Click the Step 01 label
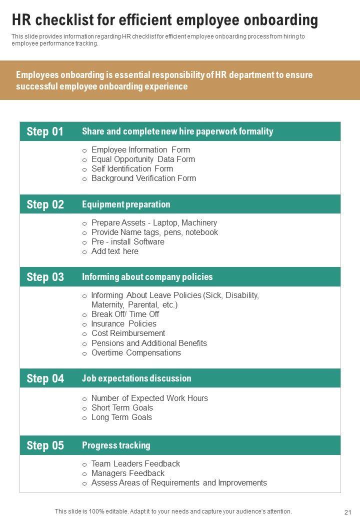click(x=45, y=131)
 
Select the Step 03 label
click(x=45, y=277)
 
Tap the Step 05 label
click(x=45, y=445)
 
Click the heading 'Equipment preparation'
click(x=126, y=204)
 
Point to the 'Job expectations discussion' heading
click(x=136, y=378)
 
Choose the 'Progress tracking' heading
click(x=116, y=445)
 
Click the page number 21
click(x=348, y=512)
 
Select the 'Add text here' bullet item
click(x=114, y=251)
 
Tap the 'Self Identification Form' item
click(x=132, y=168)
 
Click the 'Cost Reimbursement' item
click(x=128, y=333)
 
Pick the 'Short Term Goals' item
click(x=122, y=407)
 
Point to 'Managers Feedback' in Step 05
click(x=127, y=473)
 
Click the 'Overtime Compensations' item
click(x=136, y=352)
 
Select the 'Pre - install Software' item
click(x=127, y=241)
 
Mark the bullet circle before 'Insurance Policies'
click(x=85, y=324)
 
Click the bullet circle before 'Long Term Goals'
click(x=85, y=418)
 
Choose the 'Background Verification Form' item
click(x=143, y=178)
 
